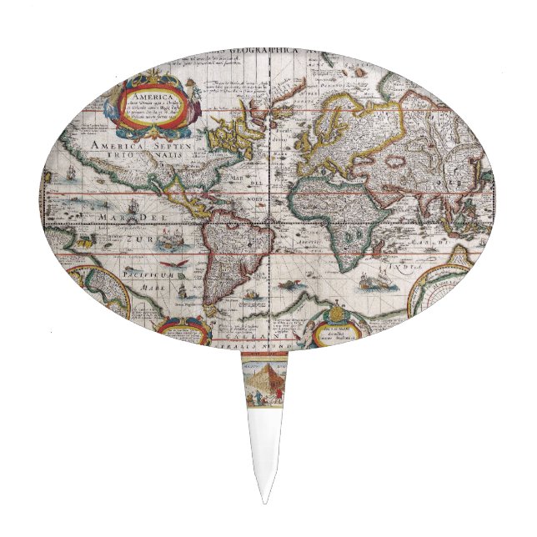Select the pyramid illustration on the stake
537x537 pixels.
pyautogui.click(x=264, y=383)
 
